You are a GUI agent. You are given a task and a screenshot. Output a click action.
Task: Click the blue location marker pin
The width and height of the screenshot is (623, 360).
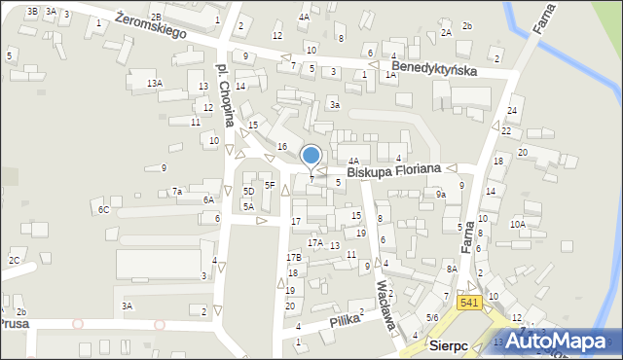coord(311,155)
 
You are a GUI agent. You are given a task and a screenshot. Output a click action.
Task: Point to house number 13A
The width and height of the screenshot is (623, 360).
coord(155,84)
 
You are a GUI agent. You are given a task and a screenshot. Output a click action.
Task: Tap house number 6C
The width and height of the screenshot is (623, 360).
coord(102,209)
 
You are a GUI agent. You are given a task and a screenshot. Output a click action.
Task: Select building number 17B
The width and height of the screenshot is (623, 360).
coord(293,257)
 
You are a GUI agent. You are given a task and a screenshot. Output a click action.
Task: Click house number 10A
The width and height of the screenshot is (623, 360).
coord(518,225)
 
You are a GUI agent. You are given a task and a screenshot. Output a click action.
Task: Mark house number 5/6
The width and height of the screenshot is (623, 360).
coord(432,318)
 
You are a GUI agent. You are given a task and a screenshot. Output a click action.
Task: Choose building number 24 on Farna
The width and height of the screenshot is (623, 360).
coord(511,111)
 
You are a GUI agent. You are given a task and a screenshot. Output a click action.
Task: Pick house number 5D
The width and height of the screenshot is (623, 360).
coord(248,191)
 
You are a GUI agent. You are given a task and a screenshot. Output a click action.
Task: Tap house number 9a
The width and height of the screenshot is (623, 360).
coord(440,195)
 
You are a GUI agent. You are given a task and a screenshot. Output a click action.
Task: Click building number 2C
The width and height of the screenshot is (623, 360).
coord(15,261)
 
